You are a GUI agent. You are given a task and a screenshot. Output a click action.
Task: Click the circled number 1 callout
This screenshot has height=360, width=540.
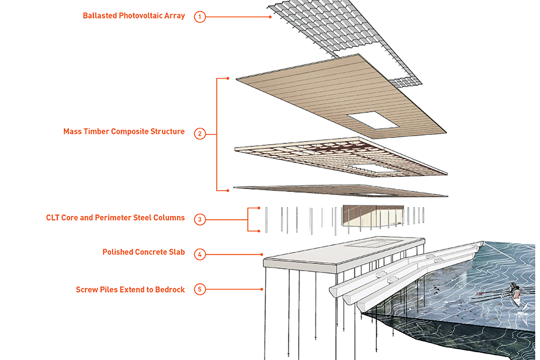pos(200,17)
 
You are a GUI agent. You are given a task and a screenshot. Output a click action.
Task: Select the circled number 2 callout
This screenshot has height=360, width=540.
pos(200,133)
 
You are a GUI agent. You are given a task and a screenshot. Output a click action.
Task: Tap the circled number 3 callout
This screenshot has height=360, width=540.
pos(200,219)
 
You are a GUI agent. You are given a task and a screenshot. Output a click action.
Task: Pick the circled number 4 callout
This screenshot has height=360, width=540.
pos(200,254)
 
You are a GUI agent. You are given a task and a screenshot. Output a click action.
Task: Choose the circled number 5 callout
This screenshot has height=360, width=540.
pos(200,290)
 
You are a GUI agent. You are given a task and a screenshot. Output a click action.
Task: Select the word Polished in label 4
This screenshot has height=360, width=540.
pos(118,252)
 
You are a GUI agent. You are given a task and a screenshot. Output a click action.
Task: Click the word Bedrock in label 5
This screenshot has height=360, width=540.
pos(169,289)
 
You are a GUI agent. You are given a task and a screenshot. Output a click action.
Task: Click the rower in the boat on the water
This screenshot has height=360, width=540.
pos(514,289)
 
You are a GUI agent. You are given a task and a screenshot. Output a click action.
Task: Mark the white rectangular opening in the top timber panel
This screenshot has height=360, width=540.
pos(373,122)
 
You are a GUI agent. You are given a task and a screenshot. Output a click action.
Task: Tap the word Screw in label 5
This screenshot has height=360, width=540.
pos(88,289)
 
